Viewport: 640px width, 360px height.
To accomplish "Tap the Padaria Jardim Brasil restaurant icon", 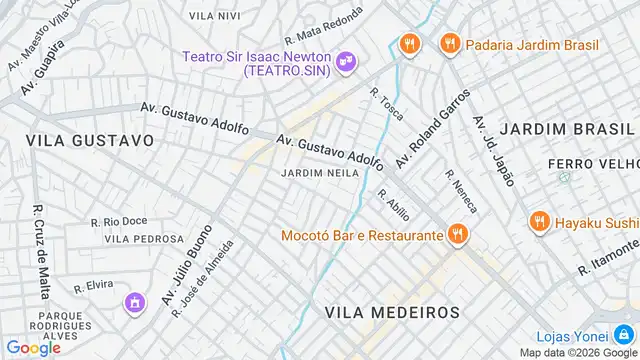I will point(449,44).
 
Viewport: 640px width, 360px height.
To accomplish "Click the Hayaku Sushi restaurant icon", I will point(539,221).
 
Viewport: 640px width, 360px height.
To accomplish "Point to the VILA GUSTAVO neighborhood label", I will point(90,141).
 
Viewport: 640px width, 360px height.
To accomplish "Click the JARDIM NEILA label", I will point(320,173).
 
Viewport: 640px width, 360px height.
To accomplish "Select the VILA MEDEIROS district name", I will point(392,312).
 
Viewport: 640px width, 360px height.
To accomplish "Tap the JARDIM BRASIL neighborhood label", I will point(566,130).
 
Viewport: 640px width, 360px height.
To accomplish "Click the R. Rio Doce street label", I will point(119,221).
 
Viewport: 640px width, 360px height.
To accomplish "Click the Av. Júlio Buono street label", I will point(187,261).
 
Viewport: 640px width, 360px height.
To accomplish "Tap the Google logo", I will point(33,348).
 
